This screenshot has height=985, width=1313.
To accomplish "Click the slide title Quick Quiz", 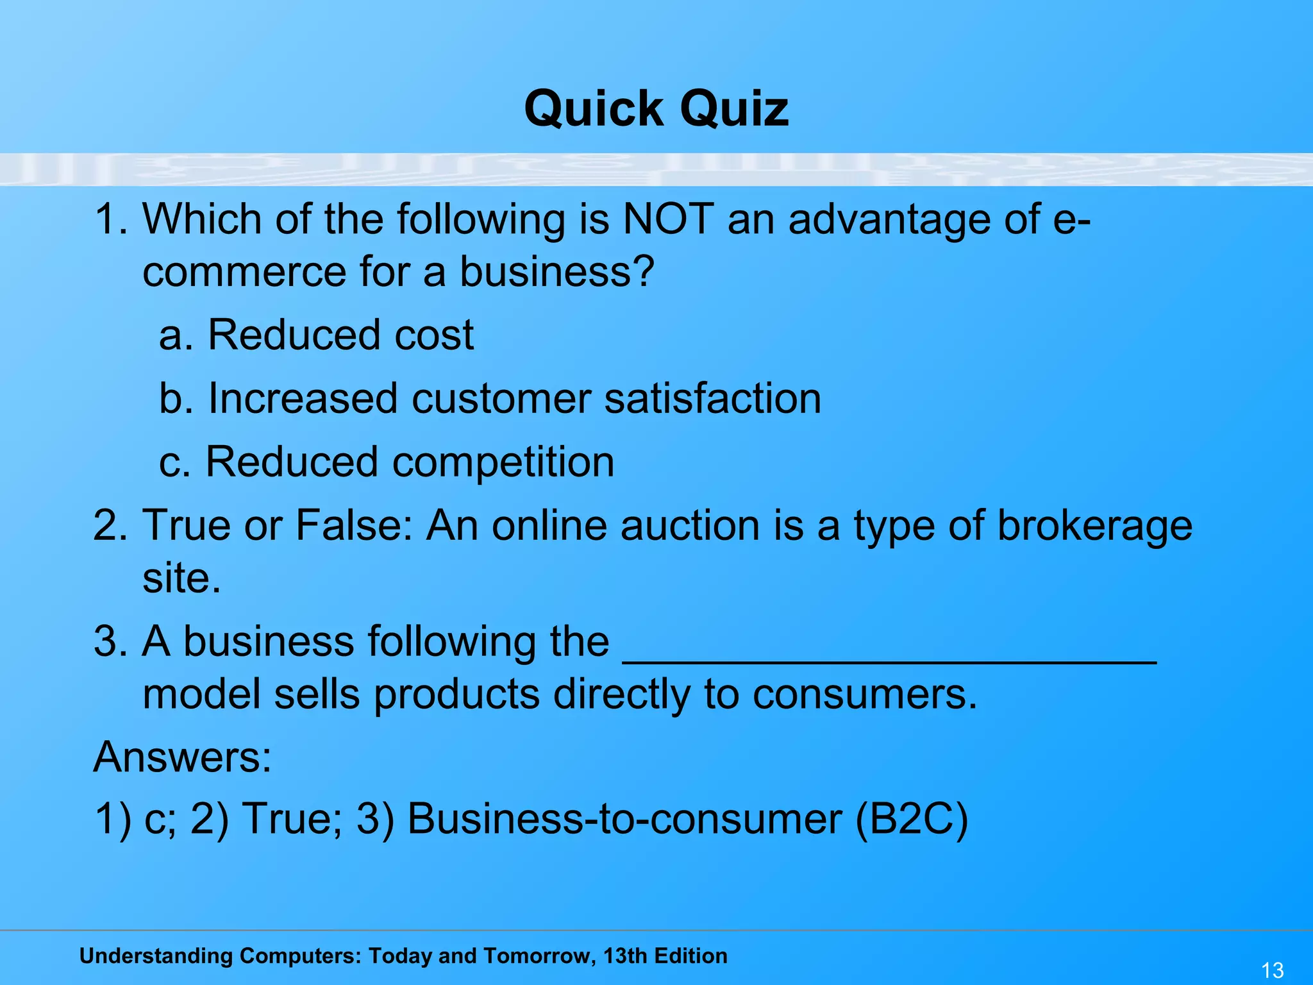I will pyautogui.click(x=656, y=108).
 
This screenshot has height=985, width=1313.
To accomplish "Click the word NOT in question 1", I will pyautogui.click(x=668, y=219).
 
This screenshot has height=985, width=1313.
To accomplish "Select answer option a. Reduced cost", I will pyautogui.click(x=316, y=335).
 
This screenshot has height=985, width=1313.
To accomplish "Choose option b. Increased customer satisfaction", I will pyautogui.click(x=490, y=398).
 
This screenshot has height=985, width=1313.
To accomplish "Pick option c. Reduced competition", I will pyautogui.click(x=387, y=462).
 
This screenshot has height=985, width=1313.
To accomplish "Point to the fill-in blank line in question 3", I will pyautogui.click(x=890, y=661).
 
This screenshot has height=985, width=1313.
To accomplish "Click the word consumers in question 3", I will pyautogui.click(x=864, y=695).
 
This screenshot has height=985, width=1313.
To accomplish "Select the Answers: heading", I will pyautogui.click(x=183, y=757).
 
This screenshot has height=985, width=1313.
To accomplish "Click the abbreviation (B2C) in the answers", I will pyautogui.click(x=911, y=820).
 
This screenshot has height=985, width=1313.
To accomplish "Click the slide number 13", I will pyautogui.click(x=1272, y=970).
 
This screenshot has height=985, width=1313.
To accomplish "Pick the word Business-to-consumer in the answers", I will pyautogui.click(x=624, y=820).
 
